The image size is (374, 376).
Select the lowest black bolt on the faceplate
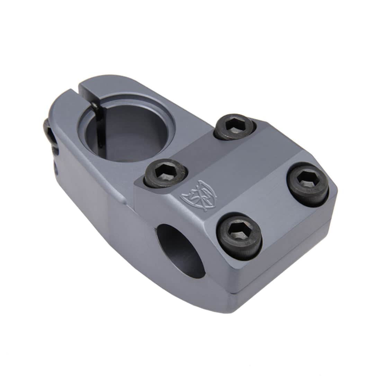(x=239, y=236)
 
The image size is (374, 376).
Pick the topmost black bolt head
(x=234, y=127)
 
